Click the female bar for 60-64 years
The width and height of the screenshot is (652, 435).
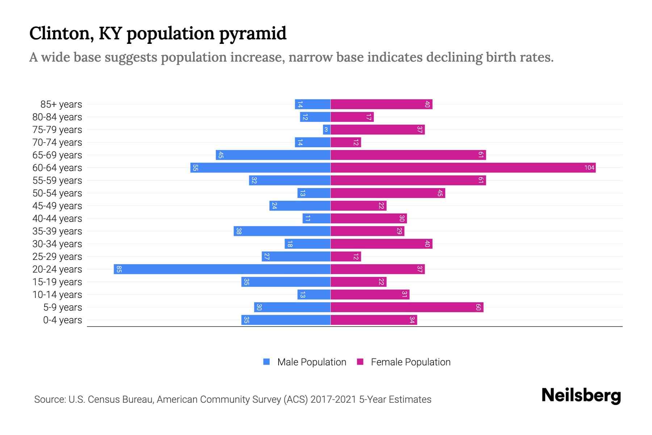pyautogui.click(x=463, y=167)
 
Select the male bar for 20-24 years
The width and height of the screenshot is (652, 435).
pyautogui.click(x=222, y=269)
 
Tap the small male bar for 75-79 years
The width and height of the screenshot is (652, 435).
pyautogui.click(x=326, y=129)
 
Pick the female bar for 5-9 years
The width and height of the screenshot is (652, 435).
pyautogui.click(x=407, y=307)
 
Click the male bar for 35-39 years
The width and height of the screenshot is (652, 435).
pyautogui.click(x=282, y=231)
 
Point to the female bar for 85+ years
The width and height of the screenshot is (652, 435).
pyautogui.click(x=381, y=104)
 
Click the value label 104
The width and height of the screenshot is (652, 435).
pyautogui.click(x=589, y=167)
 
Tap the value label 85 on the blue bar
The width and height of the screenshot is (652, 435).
pyautogui.click(x=119, y=269)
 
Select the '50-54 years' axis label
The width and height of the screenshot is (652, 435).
pyautogui.click(x=57, y=193)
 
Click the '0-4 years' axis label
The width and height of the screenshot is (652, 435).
pyautogui.click(x=62, y=320)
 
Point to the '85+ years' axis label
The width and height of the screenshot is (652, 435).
pyautogui.click(x=61, y=104)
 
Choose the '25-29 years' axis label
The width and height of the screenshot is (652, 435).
pyautogui.click(x=57, y=256)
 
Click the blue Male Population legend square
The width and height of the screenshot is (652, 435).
pyautogui.click(x=267, y=362)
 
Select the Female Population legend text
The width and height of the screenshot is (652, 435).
pyautogui.click(x=410, y=362)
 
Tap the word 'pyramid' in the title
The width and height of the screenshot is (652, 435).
pyautogui.click(x=252, y=33)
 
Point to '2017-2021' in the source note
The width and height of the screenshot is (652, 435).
pyautogui.click(x=333, y=399)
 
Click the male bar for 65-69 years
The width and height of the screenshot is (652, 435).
pyautogui.click(x=273, y=155)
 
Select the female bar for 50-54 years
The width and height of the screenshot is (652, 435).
pyautogui.click(x=388, y=193)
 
